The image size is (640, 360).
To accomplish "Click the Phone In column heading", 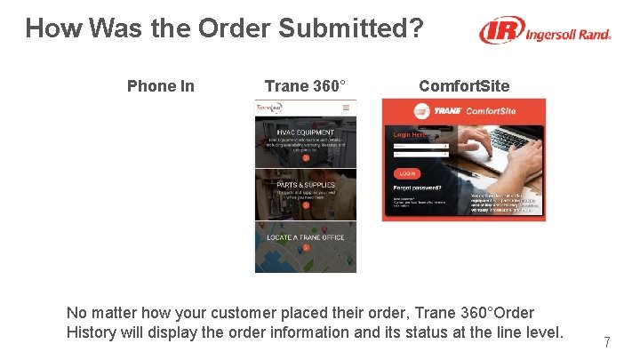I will click(160, 86).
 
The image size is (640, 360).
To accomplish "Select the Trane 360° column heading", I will click(305, 86).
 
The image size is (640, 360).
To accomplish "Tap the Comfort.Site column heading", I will click(464, 86).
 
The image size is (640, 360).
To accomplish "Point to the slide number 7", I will click(606, 342).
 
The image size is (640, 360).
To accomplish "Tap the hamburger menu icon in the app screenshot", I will click(347, 108).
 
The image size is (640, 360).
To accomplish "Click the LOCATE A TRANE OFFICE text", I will click(305, 237).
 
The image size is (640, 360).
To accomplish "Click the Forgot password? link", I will click(418, 188).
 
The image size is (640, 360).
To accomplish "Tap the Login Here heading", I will click(410, 135).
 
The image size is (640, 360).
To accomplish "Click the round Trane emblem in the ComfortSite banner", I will click(418, 111).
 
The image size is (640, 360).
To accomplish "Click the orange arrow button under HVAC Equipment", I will click(305, 157).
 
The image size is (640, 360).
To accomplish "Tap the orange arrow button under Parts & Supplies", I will click(305, 205).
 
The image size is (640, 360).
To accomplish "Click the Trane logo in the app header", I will click(268, 108).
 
